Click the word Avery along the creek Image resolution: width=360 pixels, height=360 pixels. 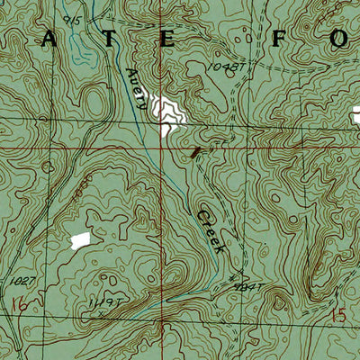(x=138, y=89)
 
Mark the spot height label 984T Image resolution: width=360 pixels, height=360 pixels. (x=246, y=287)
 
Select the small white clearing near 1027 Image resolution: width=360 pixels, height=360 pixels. (x=81, y=239)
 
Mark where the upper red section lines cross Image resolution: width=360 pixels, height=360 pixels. (x=163, y=141)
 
